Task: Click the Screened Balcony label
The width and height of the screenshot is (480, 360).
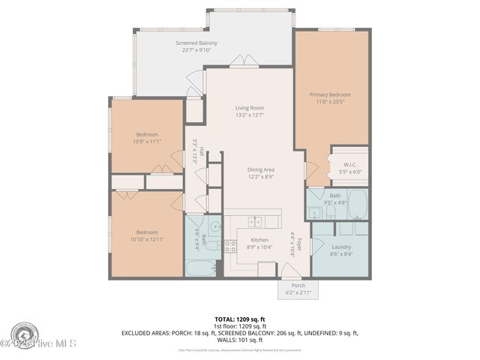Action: pyautogui.click(x=196, y=43)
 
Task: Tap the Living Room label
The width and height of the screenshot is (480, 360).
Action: pyautogui.click(x=250, y=108)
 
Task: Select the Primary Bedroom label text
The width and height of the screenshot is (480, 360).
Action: pyautogui.click(x=330, y=95)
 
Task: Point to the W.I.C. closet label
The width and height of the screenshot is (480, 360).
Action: pyautogui.click(x=349, y=164)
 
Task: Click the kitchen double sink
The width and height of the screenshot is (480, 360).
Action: pyautogui.click(x=256, y=221)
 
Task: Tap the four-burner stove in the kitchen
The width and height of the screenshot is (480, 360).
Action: pyautogui.click(x=232, y=245)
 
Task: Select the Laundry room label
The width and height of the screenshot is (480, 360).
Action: pyautogui.click(x=341, y=246)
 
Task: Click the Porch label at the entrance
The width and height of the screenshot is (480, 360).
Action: pyautogui.click(x=298, y=285)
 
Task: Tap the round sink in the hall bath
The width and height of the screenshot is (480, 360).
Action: pyautogui.click(x=214, y=226)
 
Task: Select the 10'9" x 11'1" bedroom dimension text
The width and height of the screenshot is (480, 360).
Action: pyautogui.click(x=147, y=141)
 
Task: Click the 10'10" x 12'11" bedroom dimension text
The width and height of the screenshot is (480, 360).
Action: pyautogui.click(x=147, y=238)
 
